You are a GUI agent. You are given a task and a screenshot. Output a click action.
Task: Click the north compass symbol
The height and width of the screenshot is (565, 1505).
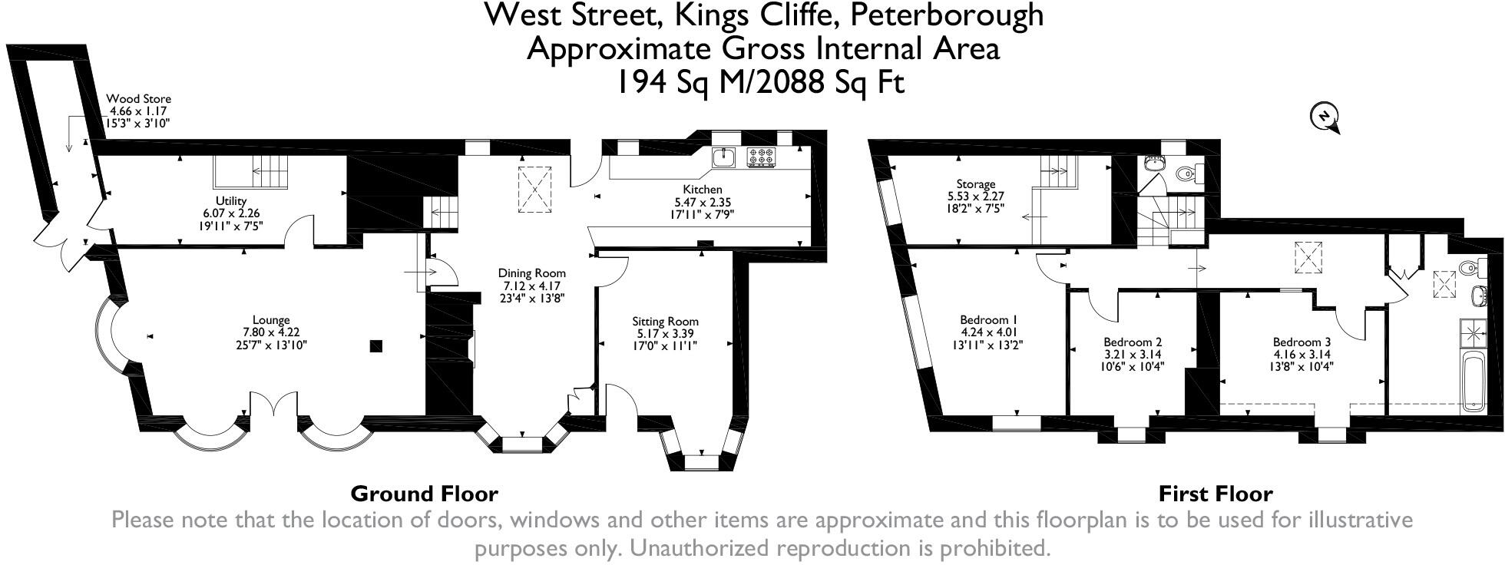point(1324,117)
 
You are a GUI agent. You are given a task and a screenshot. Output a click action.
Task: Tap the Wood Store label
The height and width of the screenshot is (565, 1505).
point(138,99)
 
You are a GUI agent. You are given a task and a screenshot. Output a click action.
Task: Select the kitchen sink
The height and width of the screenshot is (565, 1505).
point(723,157)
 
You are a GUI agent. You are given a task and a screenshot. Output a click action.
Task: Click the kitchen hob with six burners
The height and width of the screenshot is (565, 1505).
point(761,157)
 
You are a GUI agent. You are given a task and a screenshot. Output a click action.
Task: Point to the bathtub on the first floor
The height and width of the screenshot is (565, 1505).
point(1473,383)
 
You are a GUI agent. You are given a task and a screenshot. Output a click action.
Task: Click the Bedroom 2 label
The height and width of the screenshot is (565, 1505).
point(1133,342)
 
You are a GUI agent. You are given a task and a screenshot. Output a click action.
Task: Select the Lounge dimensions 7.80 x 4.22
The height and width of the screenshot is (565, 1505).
point(271,332)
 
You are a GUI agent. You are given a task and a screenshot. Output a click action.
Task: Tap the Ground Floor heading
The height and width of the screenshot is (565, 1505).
point(424,494)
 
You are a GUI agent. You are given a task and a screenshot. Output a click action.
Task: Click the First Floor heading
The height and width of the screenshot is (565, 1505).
point(1215,494)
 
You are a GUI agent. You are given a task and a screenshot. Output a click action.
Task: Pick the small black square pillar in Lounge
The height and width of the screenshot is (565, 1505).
point(375,346)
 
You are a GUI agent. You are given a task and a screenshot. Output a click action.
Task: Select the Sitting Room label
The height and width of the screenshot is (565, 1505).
point(665,322)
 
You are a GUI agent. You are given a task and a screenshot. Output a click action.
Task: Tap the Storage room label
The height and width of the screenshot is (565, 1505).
point(976,184)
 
